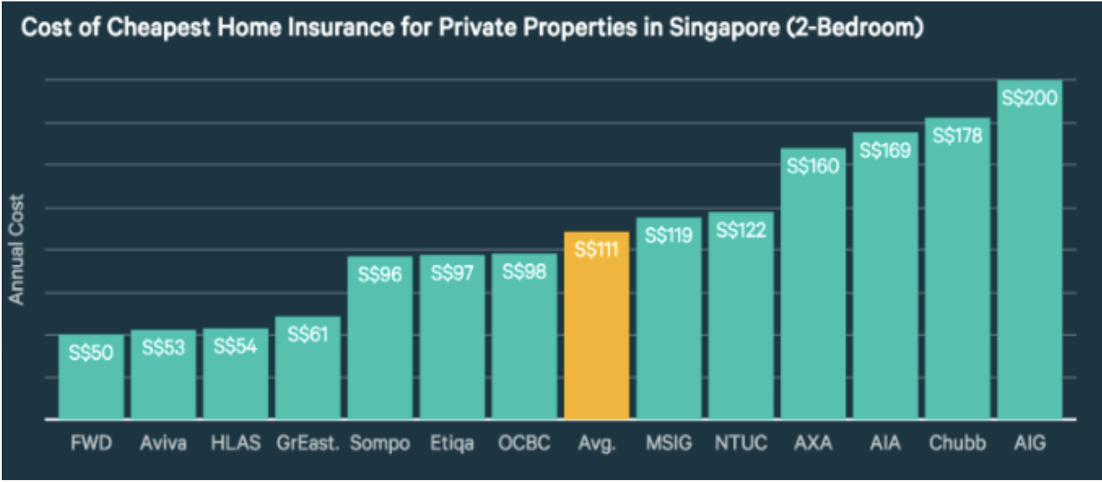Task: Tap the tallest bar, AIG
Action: tap(1029, 262)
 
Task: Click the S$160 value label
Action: tap(813, 166)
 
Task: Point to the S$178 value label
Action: tap(957, 135)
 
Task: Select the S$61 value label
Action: tap(308, 334)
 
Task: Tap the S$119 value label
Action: tap(668, 236)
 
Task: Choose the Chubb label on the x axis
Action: tap(957, 444)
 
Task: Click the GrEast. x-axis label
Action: tap(308, 444)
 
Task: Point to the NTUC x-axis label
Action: tap(740, 444)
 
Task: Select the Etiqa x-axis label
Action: tap(452, 444)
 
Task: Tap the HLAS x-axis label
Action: tap(235, 444)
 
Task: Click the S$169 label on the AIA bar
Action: tap(885, 151)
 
